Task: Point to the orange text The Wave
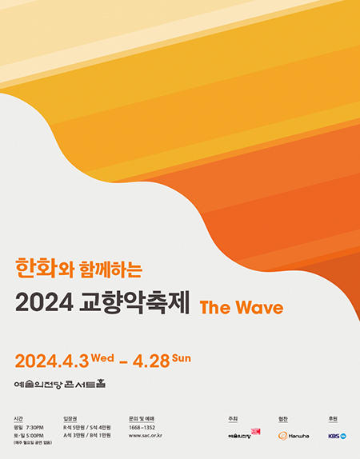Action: [241, 306]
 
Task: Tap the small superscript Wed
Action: [103, 357]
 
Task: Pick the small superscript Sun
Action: [181, 357]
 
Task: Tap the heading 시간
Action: [18, 418]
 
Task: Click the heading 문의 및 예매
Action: [141, 418]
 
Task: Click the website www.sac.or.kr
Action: [146, 436]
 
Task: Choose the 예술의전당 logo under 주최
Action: [242, 436]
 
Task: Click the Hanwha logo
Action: [294, 436]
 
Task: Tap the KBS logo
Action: [337, 436]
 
